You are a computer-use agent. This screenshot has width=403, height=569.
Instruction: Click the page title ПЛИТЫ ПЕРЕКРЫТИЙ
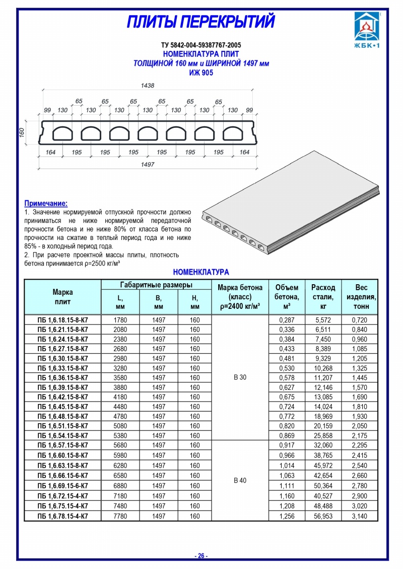pos(200,23)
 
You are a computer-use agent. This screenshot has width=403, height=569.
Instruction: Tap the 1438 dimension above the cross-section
pos(148,86)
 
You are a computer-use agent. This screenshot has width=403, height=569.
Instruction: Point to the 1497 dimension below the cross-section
pos(148,165)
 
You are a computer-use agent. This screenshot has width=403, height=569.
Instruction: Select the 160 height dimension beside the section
pos(22,132)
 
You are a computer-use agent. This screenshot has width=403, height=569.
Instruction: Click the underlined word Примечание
pos(46,203)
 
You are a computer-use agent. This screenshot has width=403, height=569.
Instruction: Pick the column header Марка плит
pos(63,297)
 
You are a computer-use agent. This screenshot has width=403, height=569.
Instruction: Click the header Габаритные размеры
pos(156,285)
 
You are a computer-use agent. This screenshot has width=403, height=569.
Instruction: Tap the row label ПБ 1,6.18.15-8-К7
pos(63,320)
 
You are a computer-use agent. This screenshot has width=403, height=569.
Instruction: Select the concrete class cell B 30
pos(240,377)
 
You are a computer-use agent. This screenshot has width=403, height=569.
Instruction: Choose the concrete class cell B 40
pos(240,480)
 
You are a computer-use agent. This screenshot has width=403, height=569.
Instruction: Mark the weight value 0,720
pos(360,320)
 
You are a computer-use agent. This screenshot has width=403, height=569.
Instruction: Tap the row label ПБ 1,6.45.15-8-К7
pos(63,407)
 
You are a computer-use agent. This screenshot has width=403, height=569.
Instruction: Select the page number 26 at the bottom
pos(201,556)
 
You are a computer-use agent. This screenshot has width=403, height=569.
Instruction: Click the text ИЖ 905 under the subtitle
pos(201,73)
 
